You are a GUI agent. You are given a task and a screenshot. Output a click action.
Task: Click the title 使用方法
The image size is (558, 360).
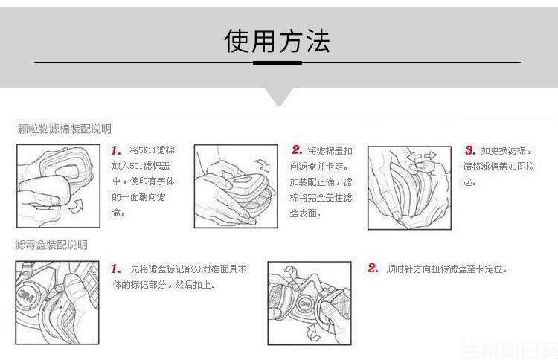coord(277,41)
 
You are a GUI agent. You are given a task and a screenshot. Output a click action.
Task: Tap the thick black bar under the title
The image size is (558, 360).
coord(278,63)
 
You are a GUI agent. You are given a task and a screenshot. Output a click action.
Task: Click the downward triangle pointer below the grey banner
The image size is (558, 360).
coord(279,97)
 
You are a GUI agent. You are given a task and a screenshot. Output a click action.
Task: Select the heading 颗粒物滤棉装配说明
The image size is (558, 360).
coord(65,129)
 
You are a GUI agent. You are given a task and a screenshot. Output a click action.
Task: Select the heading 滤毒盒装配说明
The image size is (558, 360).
coord(51,245)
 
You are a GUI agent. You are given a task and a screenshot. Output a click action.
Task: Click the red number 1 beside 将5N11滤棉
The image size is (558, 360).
coord(115,150)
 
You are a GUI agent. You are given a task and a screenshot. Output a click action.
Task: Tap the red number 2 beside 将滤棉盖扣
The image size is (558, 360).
coord(297,150)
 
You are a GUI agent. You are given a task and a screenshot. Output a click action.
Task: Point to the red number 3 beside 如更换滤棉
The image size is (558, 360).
coord(470,150)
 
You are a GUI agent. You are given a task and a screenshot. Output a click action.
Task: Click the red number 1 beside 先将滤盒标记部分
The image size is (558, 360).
coord(115,269)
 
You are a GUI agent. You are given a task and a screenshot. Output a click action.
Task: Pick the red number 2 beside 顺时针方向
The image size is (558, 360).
coord(373,268)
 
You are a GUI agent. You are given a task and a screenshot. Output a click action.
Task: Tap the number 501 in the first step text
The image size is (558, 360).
coord(136,166)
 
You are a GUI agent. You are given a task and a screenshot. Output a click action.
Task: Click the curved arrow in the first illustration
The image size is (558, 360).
coord(76,206)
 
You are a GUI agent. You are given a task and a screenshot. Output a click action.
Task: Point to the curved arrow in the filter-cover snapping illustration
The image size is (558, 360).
coord(263,165)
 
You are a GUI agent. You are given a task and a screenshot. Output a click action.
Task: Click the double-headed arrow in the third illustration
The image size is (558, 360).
coord(422,155)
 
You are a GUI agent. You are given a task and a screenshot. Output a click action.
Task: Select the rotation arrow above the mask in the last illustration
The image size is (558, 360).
coord(292,272)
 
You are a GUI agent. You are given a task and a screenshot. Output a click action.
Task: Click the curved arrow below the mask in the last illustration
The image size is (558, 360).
coord(313,334)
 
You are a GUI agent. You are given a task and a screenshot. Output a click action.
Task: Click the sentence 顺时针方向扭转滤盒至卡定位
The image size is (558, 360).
coord(446,269)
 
